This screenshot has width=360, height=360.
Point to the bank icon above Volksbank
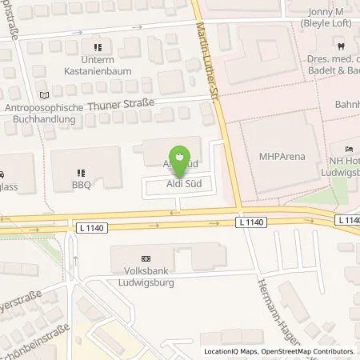point(145,259)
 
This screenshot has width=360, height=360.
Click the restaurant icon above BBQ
point(81,170)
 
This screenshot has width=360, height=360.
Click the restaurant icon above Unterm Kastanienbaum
point(98,46)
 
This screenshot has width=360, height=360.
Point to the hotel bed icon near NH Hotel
point(348,150)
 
